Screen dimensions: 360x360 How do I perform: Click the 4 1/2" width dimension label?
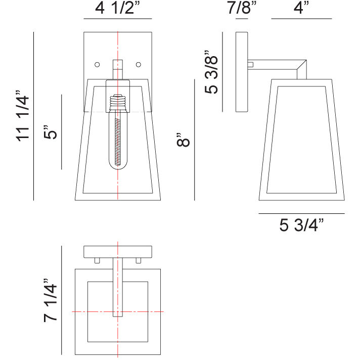click(117, 9)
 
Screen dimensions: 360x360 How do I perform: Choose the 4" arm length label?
click(301, 9)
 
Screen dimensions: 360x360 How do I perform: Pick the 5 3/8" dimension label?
click(211, 72)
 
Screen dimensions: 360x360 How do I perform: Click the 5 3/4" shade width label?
click(301, 225)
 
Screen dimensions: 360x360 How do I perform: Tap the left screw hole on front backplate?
click(97, 65)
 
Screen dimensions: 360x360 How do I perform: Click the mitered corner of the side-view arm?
click(302, 64)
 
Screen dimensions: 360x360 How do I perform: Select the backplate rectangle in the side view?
click(241, 72)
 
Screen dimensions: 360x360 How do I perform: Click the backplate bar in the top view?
click(117, 251)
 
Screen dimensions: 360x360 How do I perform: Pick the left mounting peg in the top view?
click(98, 260)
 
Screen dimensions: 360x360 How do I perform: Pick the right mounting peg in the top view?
click(138, 260)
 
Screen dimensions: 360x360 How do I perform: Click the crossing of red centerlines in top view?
click(117, 312)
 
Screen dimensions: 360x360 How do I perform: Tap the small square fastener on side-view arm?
click(250, 64)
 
